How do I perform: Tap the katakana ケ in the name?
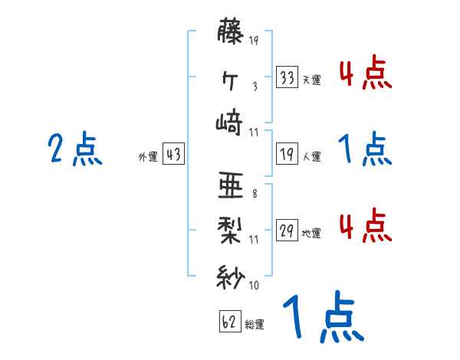pyautogui.click(x=231, y=78)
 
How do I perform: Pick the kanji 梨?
pyautogui.click(x=231, y=231)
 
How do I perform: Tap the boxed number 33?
pyautogui.click(x=287, y=77)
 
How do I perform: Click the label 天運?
pyautogui.click(x=312, y=80)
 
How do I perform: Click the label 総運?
pyautogui.click(x=255, y=324)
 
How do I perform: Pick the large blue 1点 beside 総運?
pyautogui.click(x=323, y=319)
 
